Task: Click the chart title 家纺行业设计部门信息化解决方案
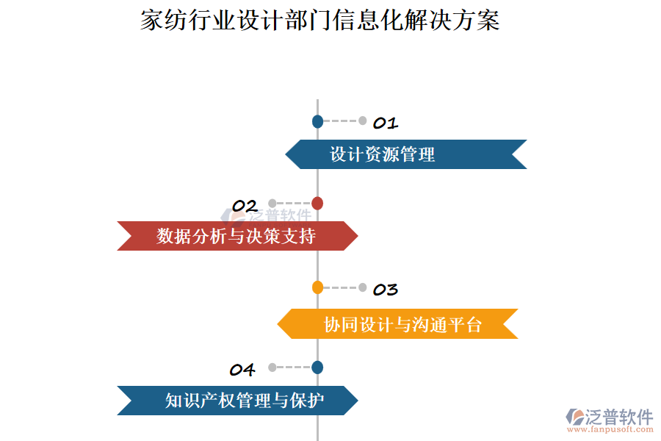coord(320,20)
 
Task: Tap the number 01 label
coord(386,123)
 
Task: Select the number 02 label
coord(245,206)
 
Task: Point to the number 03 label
coord(386,290)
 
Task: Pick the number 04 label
coord(242,370)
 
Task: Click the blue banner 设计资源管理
coord(406,154)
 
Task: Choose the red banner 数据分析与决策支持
coord(237,236)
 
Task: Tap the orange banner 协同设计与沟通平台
coord(397,323)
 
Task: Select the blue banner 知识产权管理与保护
coord(237,401)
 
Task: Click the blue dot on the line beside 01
coord(317,121)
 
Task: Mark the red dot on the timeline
coord(317,204)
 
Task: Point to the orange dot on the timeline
coord(317,287)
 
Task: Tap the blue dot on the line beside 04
coord(317,367)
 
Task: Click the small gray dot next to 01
coord(363,121)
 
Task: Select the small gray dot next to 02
coord(272,204)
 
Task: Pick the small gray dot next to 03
coord(363,288)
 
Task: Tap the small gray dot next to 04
coord(272,367)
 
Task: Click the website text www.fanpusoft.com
coord(610,429)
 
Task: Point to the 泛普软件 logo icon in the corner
coord(575,417)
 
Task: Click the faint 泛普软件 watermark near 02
coord(267,216)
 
